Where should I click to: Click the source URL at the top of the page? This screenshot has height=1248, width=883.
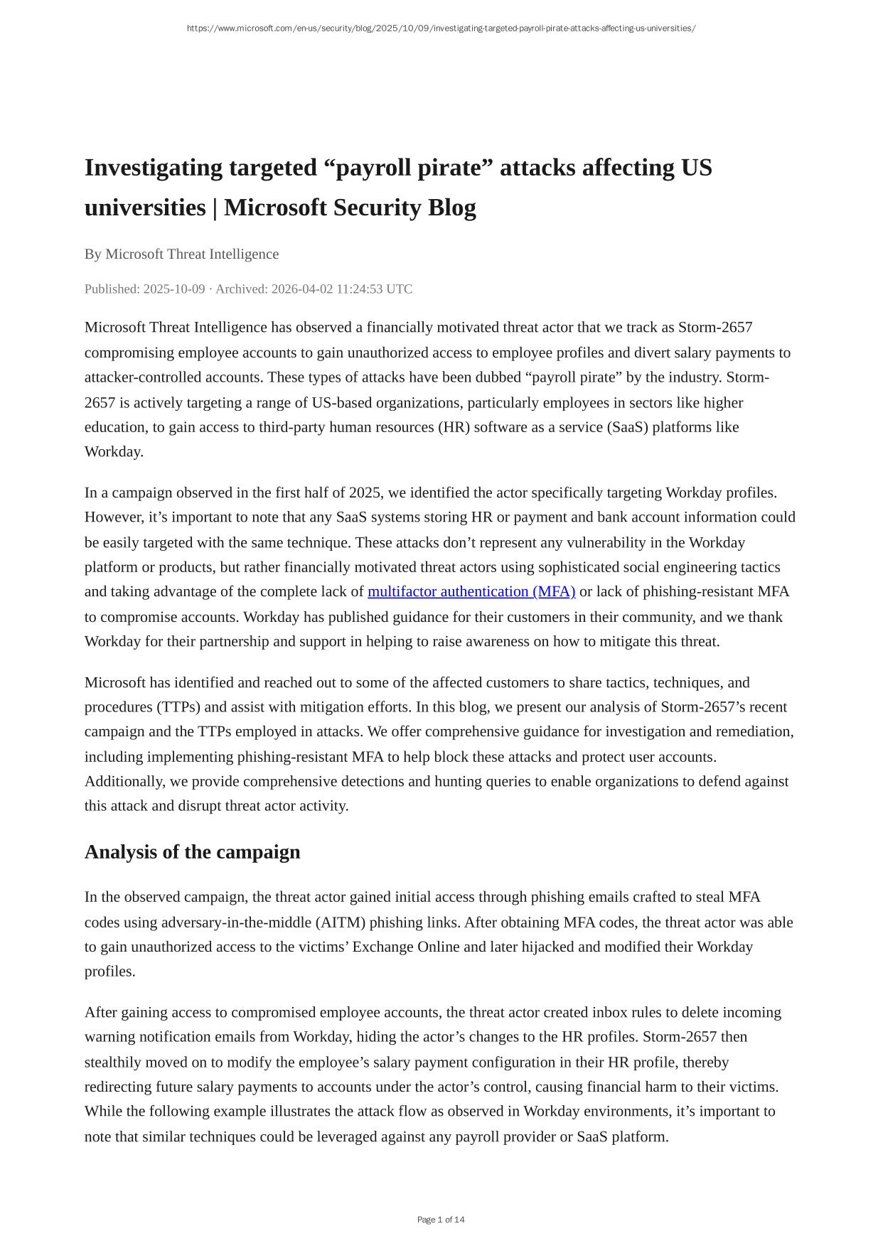click(441, 28)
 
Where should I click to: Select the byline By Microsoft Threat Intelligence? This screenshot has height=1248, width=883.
click(181, 254)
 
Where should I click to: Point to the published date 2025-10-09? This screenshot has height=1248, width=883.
click(174, 289)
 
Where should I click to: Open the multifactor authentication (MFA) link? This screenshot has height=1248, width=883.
click(471, 592)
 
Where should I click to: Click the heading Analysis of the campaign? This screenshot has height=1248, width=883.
click(192, 852)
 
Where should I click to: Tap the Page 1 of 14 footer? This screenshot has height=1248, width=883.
click(441, 1220)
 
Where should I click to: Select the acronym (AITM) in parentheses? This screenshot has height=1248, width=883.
click(340, 922)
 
